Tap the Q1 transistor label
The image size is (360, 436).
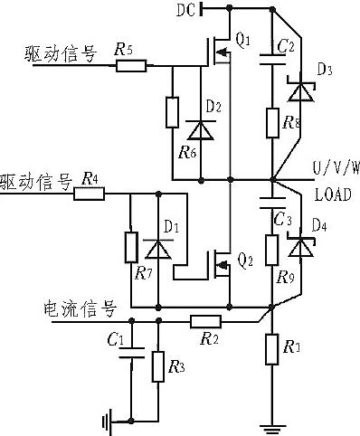click(242, 42)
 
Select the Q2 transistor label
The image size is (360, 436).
click(243, 261)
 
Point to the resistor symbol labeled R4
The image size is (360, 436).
click(91, 193)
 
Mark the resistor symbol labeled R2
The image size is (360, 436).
click(205, 319)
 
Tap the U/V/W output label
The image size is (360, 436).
click(336, 167)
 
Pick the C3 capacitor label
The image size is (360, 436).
click(281, 219)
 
